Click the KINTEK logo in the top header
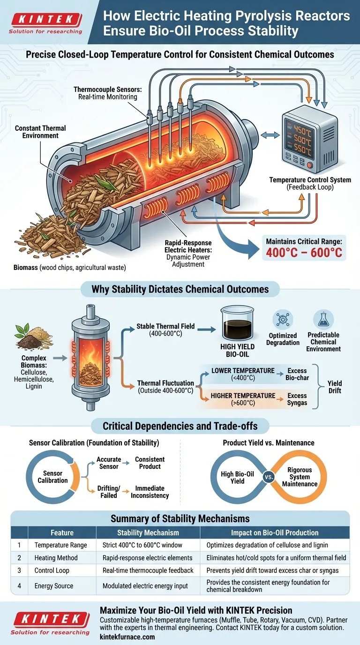pyautogui.click(x=46, y=20)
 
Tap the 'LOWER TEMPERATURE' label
pyautogui.click(x=243, y=371)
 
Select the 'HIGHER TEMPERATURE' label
pyautogui.click(x=243, y=396)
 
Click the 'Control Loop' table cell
pyautogui.click(x=52, y=570)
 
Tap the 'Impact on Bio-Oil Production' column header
pyautogui.click(x=275, y=532)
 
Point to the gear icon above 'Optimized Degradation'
pyautogui.click(x=283, y=320)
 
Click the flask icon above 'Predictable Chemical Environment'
pyautogui.click(x=323, y=319)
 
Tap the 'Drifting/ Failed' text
pyautogui.click(x=108, y=492)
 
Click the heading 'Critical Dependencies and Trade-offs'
pyautogui.click(x=180, y=426)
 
